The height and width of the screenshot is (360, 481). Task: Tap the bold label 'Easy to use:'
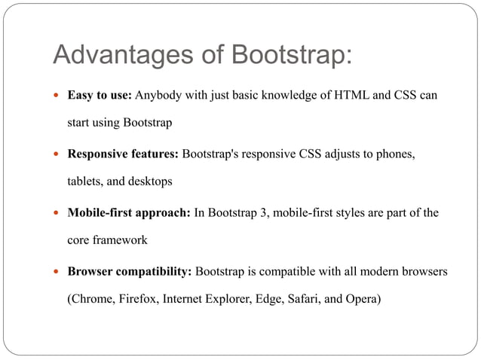[x=100, y=97]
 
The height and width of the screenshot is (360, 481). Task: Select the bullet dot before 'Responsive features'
[x=58, y=155]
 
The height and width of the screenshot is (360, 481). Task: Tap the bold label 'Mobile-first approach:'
[x=129, y=212]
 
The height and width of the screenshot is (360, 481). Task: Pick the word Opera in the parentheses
[x=362, y=298]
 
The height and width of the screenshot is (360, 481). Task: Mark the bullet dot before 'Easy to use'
[x=58, y=98]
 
